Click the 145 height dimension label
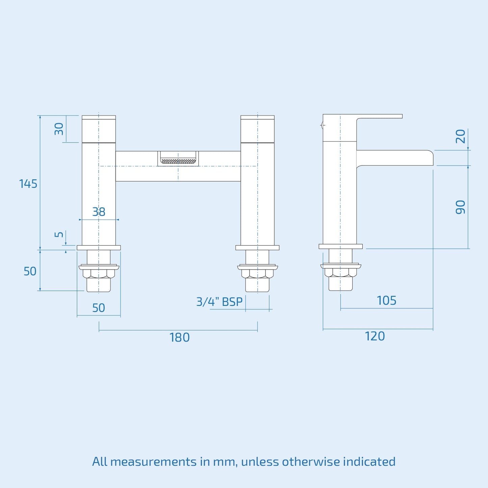coord(28,184)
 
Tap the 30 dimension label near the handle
coord(59,129)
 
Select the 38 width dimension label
coord(99,212)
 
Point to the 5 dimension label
coord(59,234)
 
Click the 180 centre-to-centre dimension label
coord(179,338)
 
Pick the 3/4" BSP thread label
coord(219,302)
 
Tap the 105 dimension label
coord(386,301)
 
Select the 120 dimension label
coord(375,336)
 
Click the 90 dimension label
coord(460,207)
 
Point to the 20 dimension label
coord(460,136)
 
